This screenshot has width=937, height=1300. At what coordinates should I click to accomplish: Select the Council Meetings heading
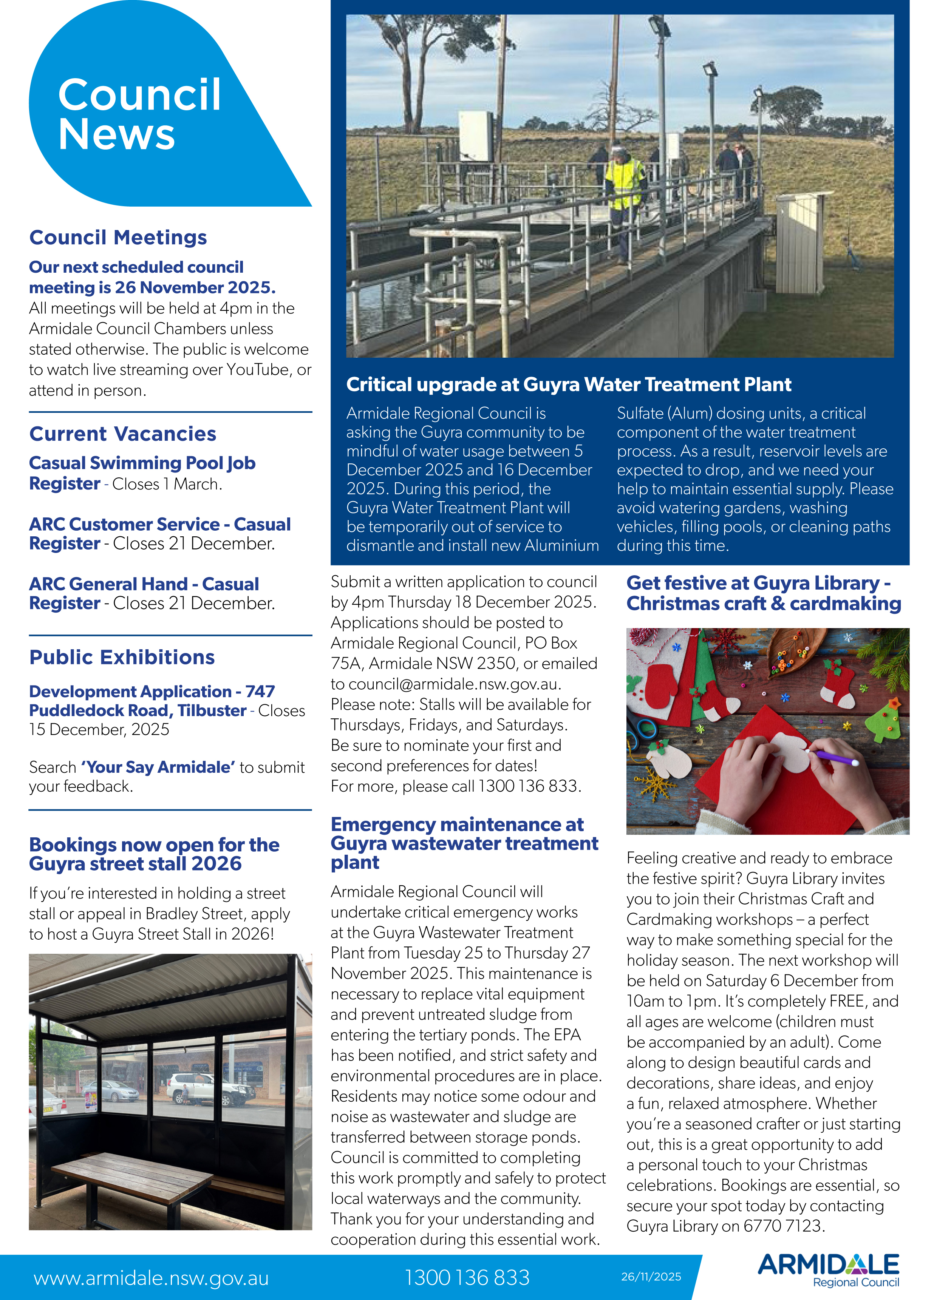(118, 237)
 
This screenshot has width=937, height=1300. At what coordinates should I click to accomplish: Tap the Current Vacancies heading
(123, 434)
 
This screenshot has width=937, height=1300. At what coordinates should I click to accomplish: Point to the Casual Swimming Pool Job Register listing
(142, 473)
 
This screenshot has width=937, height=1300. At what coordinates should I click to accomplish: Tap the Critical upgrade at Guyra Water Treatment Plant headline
(568, 384)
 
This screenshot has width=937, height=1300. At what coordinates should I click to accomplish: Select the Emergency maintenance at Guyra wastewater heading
(464, 843)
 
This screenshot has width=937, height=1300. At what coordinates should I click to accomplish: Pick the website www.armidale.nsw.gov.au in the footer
(151, 1278)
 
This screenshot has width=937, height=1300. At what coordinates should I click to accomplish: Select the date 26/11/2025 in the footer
(651, 1277)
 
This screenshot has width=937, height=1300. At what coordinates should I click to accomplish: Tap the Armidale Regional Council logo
(828, 1270)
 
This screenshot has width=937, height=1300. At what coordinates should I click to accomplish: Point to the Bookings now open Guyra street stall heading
(154, 854)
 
